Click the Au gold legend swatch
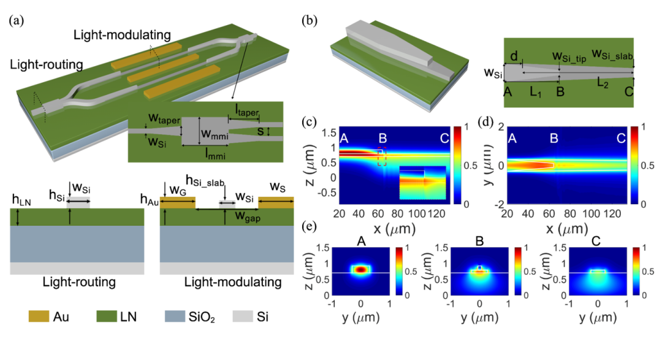tap(41, 316)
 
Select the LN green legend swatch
tap(111, 316)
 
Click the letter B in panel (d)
tap(554, 140)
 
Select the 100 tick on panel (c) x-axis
tap(420, 214)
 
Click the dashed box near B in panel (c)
tap(382, 156)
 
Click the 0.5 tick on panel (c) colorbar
tap(473, 166)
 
